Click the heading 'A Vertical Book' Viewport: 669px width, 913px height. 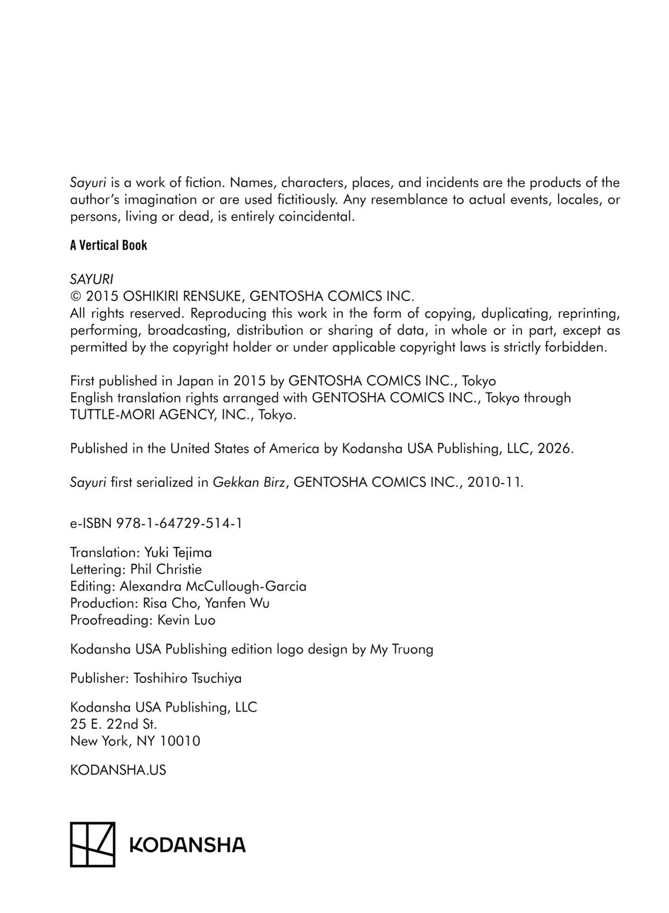109,245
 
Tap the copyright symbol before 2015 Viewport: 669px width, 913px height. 76,296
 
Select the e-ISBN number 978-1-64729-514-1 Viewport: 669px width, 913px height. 179,523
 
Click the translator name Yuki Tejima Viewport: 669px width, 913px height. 178,553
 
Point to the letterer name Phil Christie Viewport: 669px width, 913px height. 166,569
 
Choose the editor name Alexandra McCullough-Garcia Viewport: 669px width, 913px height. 213,586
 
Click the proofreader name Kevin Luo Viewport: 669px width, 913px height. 186,620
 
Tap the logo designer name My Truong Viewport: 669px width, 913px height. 401,649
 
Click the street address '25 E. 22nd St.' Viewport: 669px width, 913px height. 114,724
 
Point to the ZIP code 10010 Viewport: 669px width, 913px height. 180,741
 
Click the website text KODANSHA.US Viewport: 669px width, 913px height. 118,770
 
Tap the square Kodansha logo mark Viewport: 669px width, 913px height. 93,844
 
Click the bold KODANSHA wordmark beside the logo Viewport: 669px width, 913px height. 187,844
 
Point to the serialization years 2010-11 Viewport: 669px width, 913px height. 495,482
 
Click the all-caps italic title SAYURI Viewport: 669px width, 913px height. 92,279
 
